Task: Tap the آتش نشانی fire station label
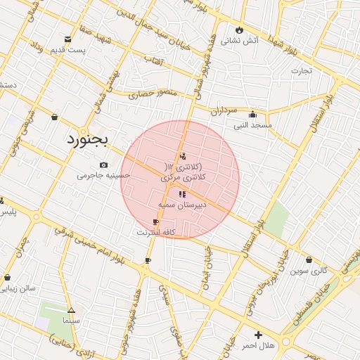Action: point(240,41)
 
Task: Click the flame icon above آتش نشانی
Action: point(240,30)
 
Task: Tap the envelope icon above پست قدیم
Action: point(67,39)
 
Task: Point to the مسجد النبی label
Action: point(253,125)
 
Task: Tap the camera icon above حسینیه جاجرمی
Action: point(104,165)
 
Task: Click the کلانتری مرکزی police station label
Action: point(184,179)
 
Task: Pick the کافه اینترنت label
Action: point(155,231)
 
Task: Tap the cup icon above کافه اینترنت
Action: point(155,221)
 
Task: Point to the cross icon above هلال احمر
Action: point(258,335)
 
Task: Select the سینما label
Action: point(71,320)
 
